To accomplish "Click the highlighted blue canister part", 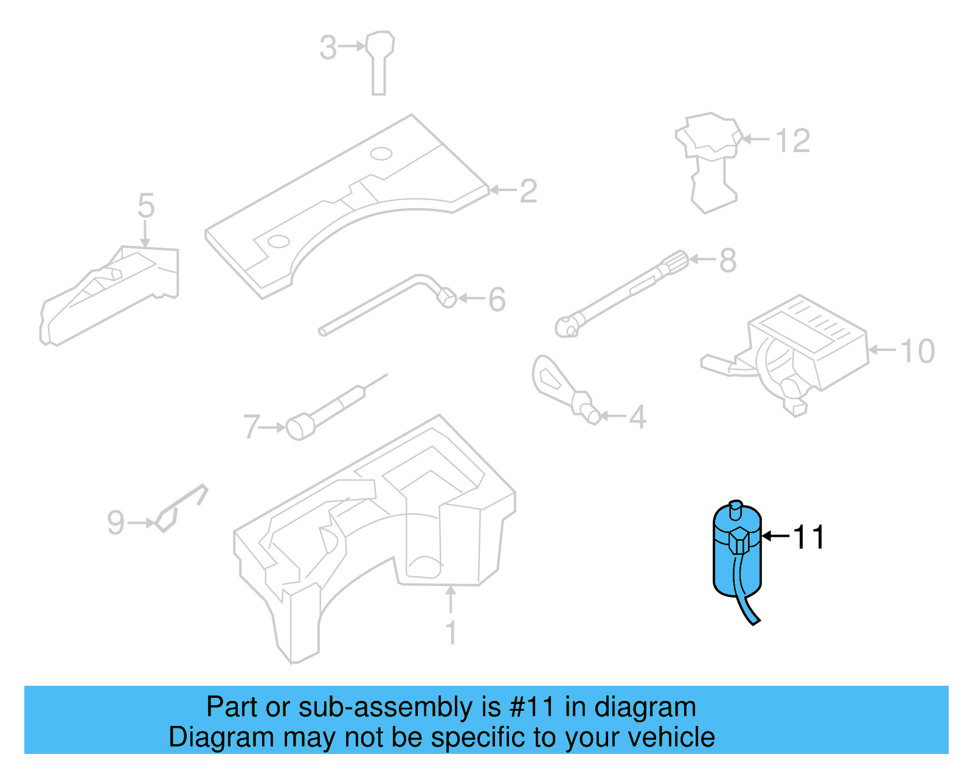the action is click(736, 560).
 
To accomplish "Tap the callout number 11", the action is click(809, 537).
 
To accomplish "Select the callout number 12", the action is click(793, 141).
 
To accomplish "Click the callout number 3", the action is click(328, 47).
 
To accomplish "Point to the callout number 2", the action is click(528, 191).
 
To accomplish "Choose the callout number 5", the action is click(146, 206).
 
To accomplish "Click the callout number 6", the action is click(497, 299).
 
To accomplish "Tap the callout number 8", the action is click(728, 260).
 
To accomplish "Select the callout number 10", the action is click(917, 351).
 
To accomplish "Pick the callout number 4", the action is click(637, 417).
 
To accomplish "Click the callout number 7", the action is click(251, 427).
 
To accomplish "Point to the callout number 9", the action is click(116, 523).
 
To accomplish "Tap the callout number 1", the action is click(451, 633).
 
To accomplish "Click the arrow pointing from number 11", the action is click(775, 536).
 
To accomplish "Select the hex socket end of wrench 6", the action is click(447, 298).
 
